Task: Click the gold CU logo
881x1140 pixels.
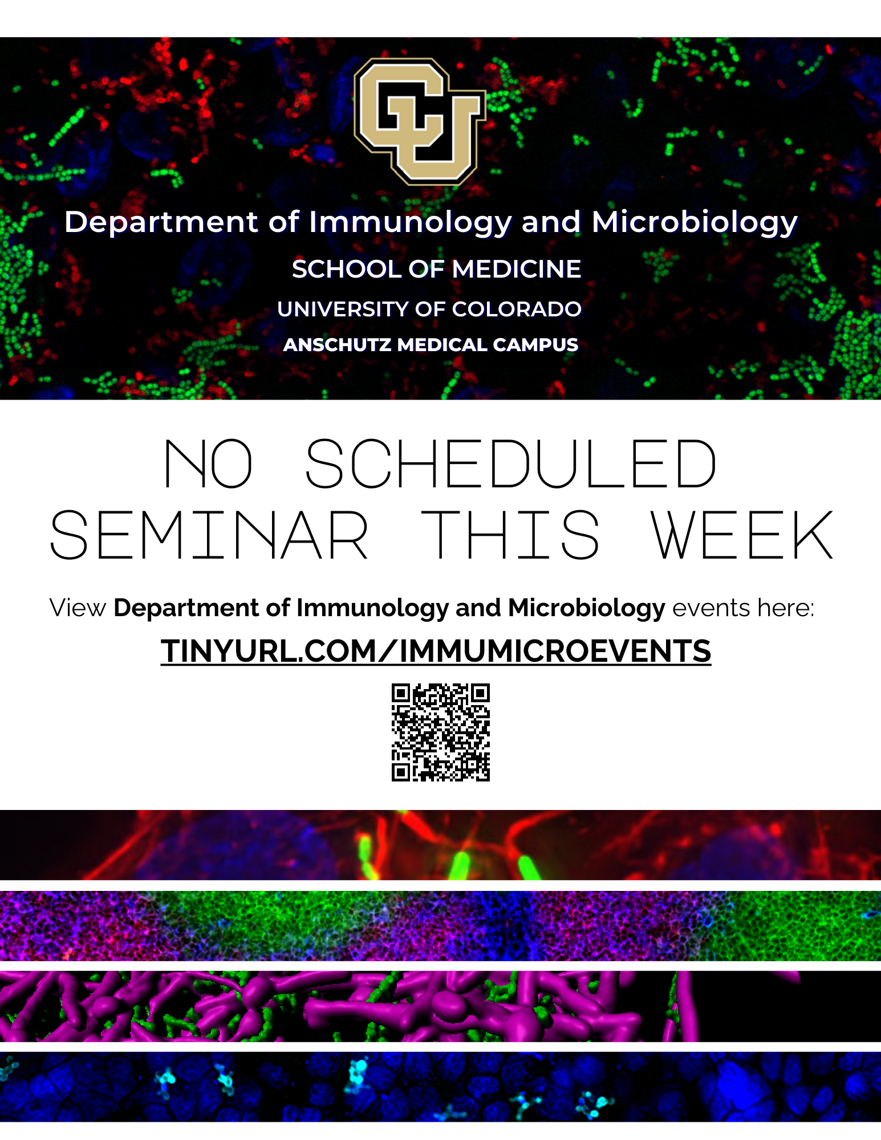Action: point(420,121)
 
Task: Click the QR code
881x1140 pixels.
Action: point(440,732)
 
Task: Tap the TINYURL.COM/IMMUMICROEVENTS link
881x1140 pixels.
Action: point(436,651)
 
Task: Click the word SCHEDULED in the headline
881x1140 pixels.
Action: point(511,464)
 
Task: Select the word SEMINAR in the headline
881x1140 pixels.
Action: point(209,535)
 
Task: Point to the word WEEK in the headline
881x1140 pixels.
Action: point(742,535)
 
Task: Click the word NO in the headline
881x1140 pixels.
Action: point(208,464)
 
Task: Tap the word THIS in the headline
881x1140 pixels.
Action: point(510,535)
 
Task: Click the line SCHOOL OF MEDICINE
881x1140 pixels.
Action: point(436,269)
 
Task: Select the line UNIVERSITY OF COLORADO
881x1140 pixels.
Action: point(429,309)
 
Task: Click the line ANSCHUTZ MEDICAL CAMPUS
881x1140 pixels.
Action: point(431,345)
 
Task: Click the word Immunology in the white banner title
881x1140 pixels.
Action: point(410,222)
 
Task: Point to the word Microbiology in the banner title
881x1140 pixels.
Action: point(694,222)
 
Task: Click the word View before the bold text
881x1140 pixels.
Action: point(78,608)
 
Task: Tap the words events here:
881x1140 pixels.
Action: point(743,608)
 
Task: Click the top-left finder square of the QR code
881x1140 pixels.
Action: point(401,693)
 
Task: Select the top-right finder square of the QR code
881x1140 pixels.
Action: point(480,693)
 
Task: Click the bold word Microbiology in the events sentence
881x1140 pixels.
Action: point(586,608)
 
